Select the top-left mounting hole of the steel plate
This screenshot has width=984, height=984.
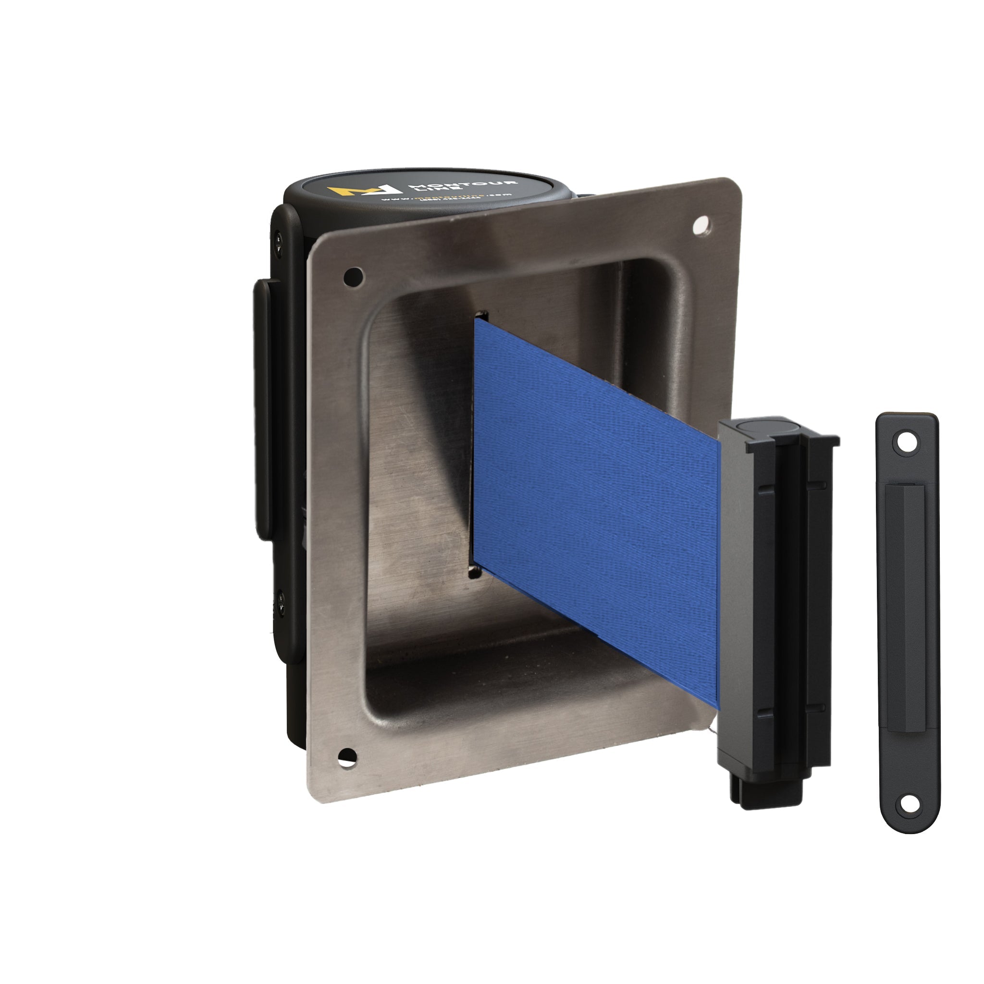[354, 277]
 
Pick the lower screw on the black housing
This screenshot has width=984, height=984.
[279, 595]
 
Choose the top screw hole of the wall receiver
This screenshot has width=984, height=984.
[905, 442]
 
